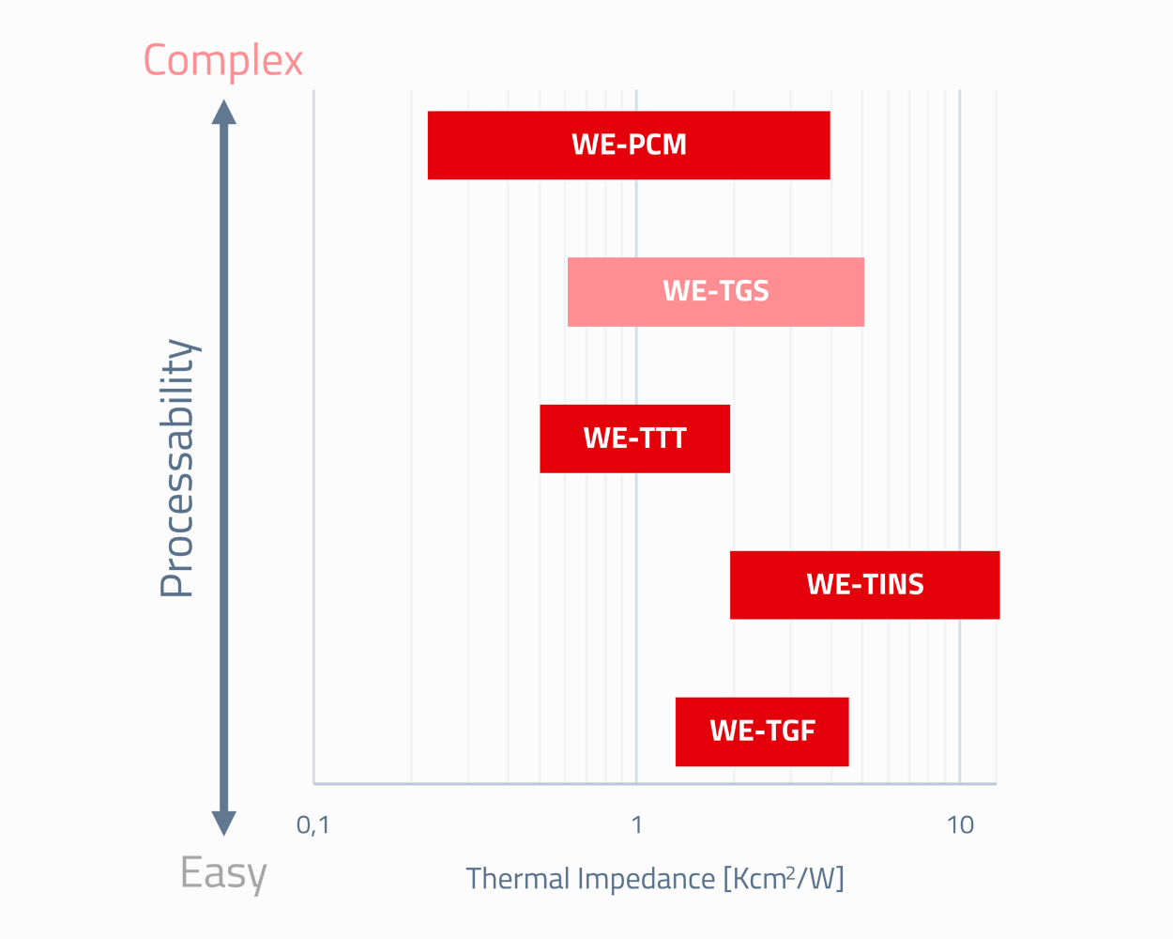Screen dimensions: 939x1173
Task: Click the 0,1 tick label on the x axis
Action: [x=313, y=825]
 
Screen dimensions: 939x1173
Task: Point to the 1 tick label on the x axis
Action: [x=636, y=825]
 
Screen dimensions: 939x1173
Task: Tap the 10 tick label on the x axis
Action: [x=960, y=825]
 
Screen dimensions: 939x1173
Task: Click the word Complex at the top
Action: [x=223, y=61]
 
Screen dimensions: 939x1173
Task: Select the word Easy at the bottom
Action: [x=223, y=873]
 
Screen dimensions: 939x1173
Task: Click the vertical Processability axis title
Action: [x=176, y=469]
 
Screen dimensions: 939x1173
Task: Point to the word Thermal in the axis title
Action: [x=517, y=879]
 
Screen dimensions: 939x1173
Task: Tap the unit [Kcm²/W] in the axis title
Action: [x=784, y=879]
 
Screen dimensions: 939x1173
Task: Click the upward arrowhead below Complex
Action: [x=223, y=112]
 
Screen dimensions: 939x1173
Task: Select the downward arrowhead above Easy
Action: [x=223, y=823]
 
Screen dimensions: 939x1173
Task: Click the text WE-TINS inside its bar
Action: [x=865, y=585]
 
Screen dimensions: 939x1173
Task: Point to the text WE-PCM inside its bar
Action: [x=630, y=146]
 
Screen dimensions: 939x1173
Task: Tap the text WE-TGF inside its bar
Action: [x=763, y=731]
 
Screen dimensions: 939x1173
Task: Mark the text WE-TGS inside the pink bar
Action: [x=716, y=292]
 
